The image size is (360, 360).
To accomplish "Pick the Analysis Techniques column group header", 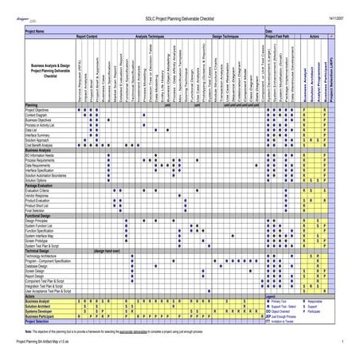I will tap(152, 36).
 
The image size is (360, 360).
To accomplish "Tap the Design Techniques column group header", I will tap(229, 36).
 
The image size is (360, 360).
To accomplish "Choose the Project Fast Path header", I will tap(277, 36).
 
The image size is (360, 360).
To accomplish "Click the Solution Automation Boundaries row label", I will tap(49, 174).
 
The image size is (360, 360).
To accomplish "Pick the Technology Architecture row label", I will tap(45, 254).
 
